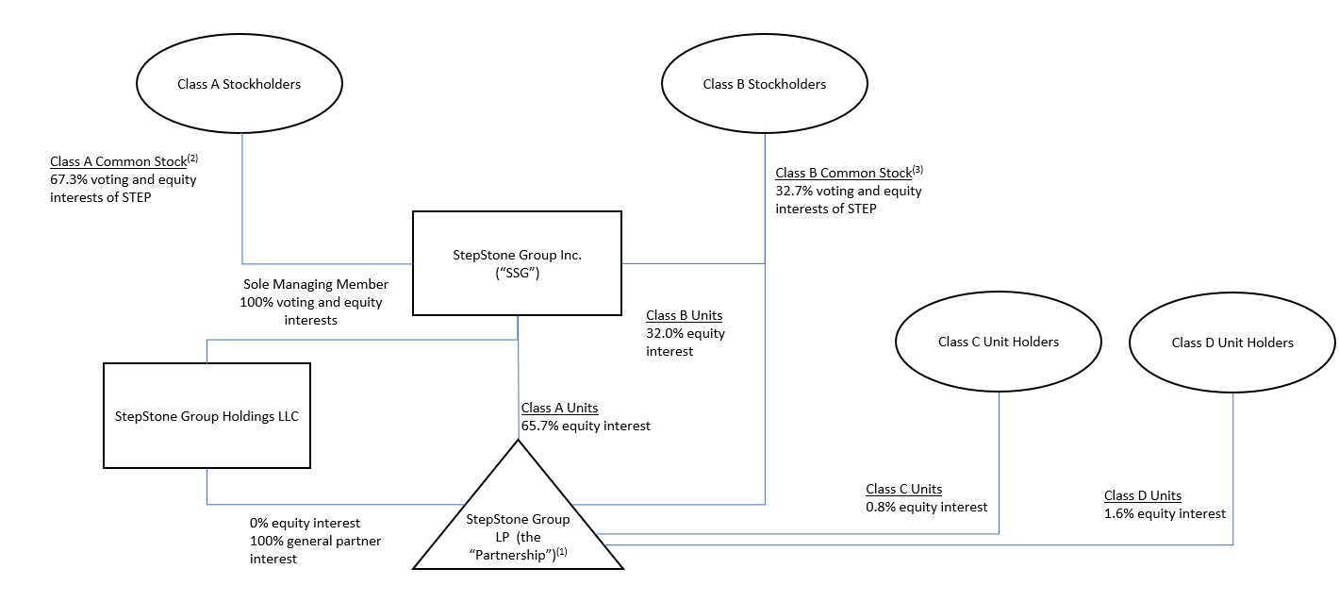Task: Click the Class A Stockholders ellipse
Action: click(239, 85)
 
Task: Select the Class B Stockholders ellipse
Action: click(764, 85)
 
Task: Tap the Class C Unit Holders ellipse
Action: click(998, 343)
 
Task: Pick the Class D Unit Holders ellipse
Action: click(1232, 343)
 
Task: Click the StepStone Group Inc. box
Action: click(517, 263)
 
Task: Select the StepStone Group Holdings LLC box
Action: click(207, 416)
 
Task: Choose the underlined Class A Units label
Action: click(559, 408)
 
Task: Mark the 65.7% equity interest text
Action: click(586, 426)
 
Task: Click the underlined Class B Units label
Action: click(684, 315)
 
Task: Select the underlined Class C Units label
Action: click(903, 489)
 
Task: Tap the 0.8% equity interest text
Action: click(926, 507)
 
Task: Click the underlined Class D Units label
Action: click(1142, 495)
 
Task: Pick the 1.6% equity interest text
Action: click(1165, 513)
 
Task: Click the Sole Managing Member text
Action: click(315, 284)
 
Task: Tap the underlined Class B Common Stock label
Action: click(843, 174)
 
